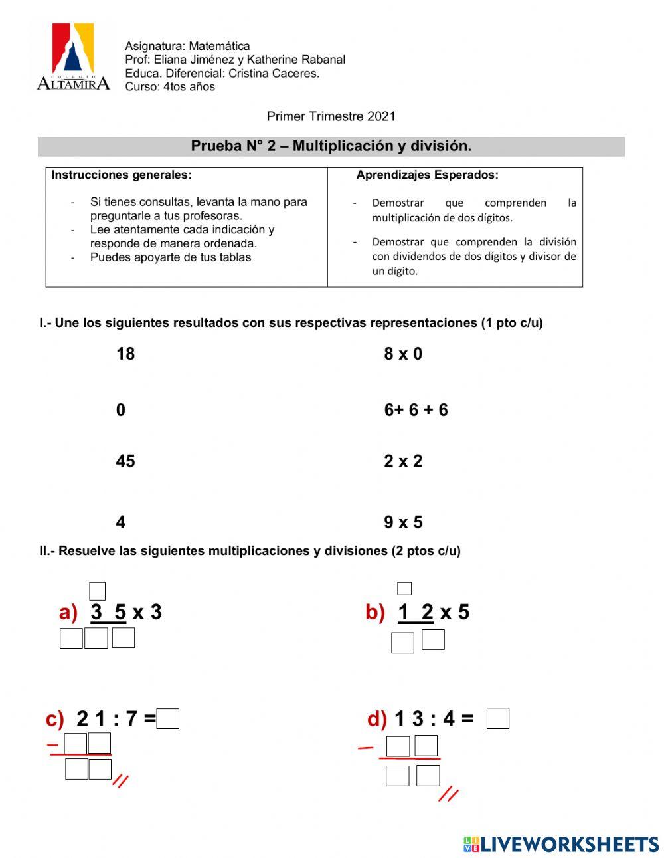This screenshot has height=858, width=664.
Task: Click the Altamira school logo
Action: (x=73, y=57)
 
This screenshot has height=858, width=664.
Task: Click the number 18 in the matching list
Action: (x=125, y=354)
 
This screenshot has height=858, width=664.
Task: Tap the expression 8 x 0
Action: (x=403, y=354)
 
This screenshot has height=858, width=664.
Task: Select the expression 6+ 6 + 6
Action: (x=416, y=410)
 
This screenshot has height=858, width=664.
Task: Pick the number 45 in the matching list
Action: (x=125, y=461)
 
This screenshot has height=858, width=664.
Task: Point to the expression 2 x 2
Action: (x=403, y=461)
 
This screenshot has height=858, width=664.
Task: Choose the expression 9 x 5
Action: (x=403, y=522)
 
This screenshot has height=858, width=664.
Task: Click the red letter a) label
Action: (x=68, y=612)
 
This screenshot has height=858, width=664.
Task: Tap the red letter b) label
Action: (x=375, y=612)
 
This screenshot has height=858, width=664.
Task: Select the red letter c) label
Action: (x=55, y=719)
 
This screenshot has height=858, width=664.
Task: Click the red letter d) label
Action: (x=377, y=719)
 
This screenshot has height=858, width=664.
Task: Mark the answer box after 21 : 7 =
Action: (x=169, y=719)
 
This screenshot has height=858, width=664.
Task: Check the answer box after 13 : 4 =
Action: (x=497, y=719)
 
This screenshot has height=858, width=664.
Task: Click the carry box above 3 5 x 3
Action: (x=98, y=591)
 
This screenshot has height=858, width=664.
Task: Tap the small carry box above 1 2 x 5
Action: (x=404, y=589)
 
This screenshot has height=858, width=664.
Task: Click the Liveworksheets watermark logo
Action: (x=561, y=844)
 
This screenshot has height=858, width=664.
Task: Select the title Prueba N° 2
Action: (x=331, y=146)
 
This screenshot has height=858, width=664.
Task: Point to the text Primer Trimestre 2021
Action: (x=331, y=116)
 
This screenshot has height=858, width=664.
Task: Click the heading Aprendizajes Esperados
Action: (x=427, y=175)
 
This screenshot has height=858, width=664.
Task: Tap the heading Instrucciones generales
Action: (x=122, y=175)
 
